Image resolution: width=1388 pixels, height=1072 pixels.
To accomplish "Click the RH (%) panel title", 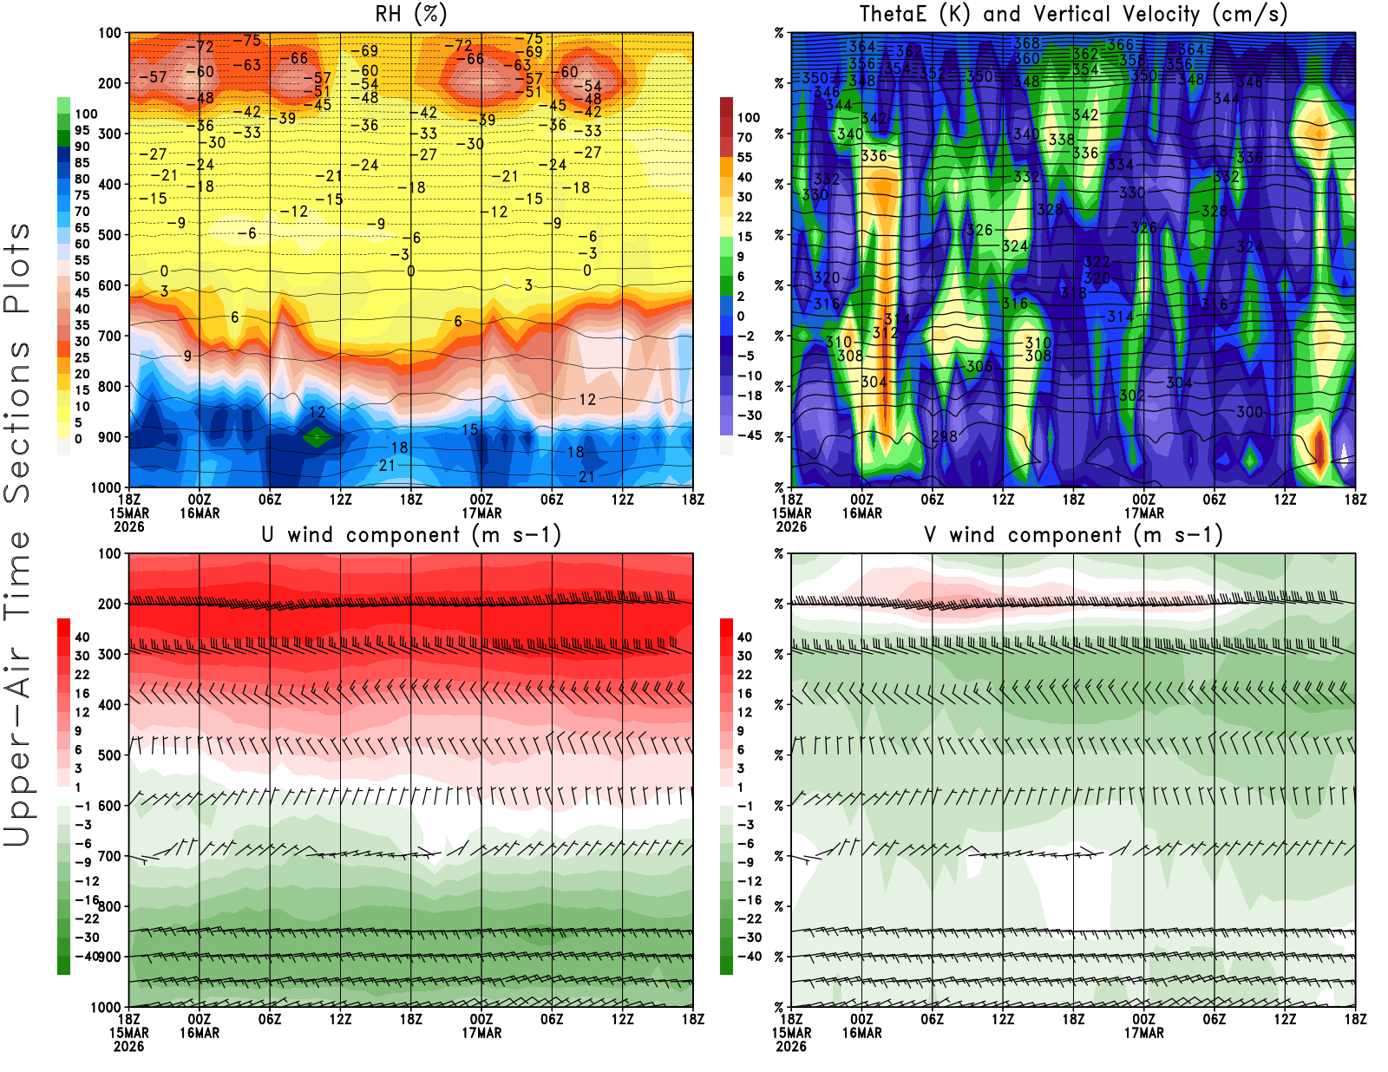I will [410, 14].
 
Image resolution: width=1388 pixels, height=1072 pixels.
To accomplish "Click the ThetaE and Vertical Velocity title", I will [1073, 14].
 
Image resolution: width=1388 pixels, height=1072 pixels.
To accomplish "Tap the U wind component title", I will [410, 534].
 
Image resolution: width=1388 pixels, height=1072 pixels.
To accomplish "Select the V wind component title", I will [1073, 534].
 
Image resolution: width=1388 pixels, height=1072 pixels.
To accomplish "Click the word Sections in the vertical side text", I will [17, 422].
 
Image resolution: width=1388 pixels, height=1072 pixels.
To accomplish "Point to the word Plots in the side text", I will [17, 268].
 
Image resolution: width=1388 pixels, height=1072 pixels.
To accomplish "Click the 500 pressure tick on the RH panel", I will [110, 235].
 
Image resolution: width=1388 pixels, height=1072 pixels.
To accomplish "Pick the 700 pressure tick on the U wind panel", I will [110, 857].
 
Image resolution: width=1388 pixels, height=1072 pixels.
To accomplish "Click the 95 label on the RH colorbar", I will [82, 130].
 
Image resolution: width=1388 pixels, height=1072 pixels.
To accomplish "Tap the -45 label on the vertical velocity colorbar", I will [749, 435].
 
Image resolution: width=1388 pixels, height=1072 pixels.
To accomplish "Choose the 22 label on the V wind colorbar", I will [744, 675].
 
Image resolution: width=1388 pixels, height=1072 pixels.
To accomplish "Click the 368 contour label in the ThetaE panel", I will [1026, 42].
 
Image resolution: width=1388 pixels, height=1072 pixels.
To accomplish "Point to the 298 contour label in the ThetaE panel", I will [944, 436].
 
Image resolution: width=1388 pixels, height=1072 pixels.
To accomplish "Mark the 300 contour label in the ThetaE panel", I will [1249, 412].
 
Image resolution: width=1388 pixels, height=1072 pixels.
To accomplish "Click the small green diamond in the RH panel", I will [317, 437].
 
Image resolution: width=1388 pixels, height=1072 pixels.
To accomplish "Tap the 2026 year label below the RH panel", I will [128, 526].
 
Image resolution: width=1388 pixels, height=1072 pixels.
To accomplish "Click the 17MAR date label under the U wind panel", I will [481, 1033].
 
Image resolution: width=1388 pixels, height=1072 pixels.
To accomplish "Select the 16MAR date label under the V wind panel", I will [861, 1033].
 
